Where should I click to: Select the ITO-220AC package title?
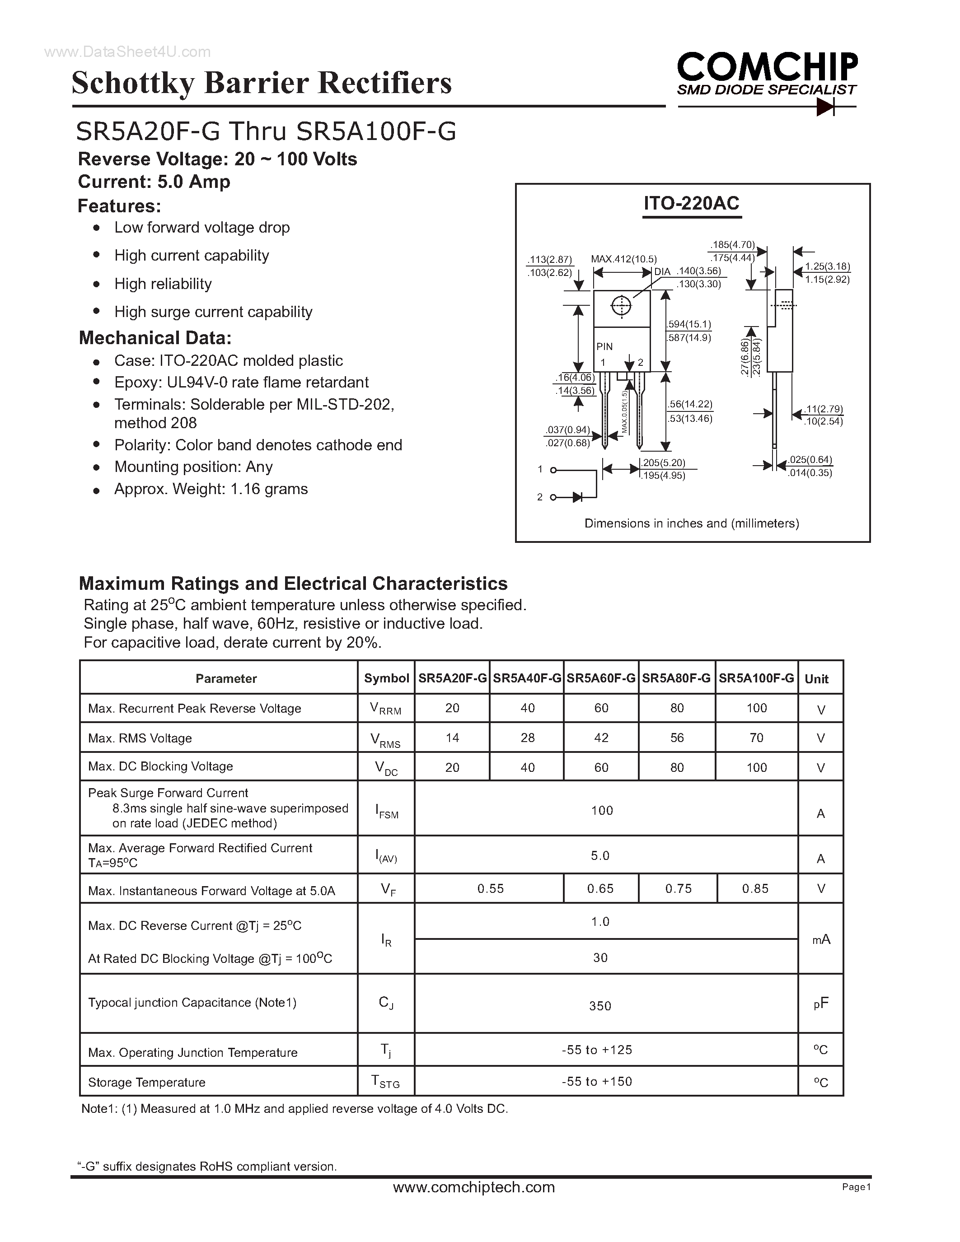click(691, 204)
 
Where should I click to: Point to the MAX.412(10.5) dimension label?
click(623, 259)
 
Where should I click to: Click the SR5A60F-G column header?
click(601, 678)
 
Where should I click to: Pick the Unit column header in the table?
click(816, 678)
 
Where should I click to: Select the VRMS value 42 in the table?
click(601, 738)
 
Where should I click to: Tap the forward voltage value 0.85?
click(755, 888)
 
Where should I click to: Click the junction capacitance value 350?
click(600, 1006)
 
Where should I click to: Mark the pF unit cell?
click(821, 1004)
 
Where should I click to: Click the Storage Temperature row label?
click(147, 1082)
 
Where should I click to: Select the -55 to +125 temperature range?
click(597, 1050)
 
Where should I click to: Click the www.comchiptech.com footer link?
click(474, 1187)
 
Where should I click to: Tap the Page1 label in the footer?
click(857, 1187)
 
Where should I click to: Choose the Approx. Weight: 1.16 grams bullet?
click(211, 489)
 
